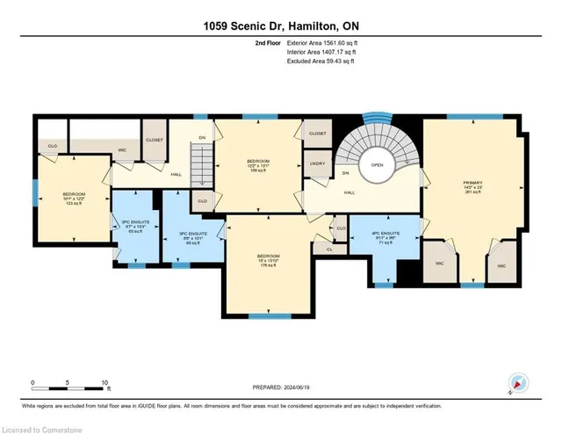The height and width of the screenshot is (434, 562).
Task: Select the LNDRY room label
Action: pyautogui.click(x=318, y=163)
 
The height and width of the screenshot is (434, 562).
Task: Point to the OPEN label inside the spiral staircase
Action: pyautogui.click(x=377, y=164)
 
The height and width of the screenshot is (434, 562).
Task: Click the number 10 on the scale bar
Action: pyautogui.click(x=104, y=383)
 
